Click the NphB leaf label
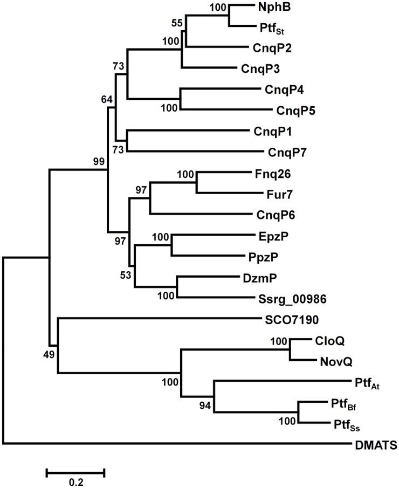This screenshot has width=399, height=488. (273, 8)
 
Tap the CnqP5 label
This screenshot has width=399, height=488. (295, 110)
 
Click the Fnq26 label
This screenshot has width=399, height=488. (270, 174)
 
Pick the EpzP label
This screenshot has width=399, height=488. (271, 236)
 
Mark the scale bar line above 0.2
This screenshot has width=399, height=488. (75, 473)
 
